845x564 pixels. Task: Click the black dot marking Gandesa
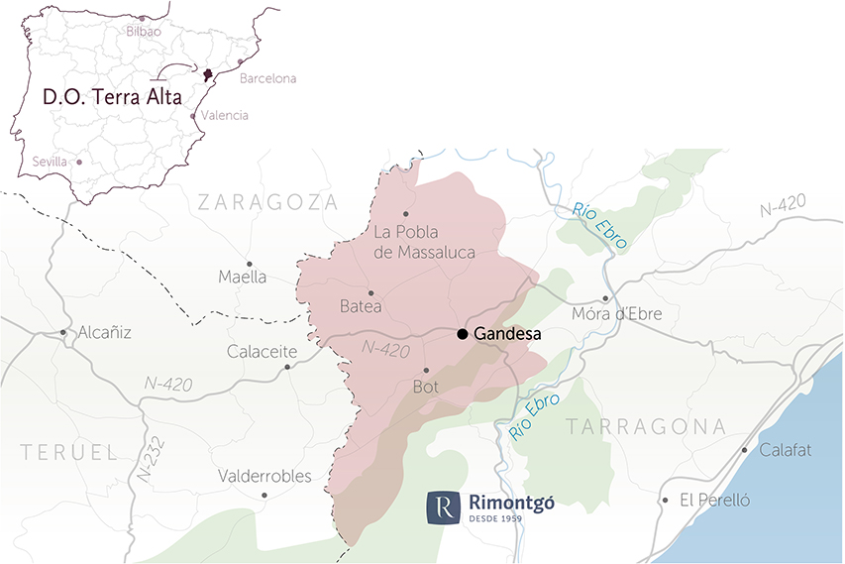pos(463,334)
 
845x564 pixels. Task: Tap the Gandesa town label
pos(507,334)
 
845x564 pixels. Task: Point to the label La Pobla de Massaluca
pos(424,242)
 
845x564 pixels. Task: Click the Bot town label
pos(424,387)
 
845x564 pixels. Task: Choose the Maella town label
pos(243,278)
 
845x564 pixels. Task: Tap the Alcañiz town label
pos(105,333)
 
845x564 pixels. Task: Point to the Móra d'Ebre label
pos(617,314)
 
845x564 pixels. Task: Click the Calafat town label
pos(786,450)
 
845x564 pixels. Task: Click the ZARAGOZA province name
pos(267,202)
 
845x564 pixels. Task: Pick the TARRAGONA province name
pos(645,426)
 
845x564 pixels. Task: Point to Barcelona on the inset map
pos(267,78)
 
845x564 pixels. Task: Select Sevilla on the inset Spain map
pos(50,162)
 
